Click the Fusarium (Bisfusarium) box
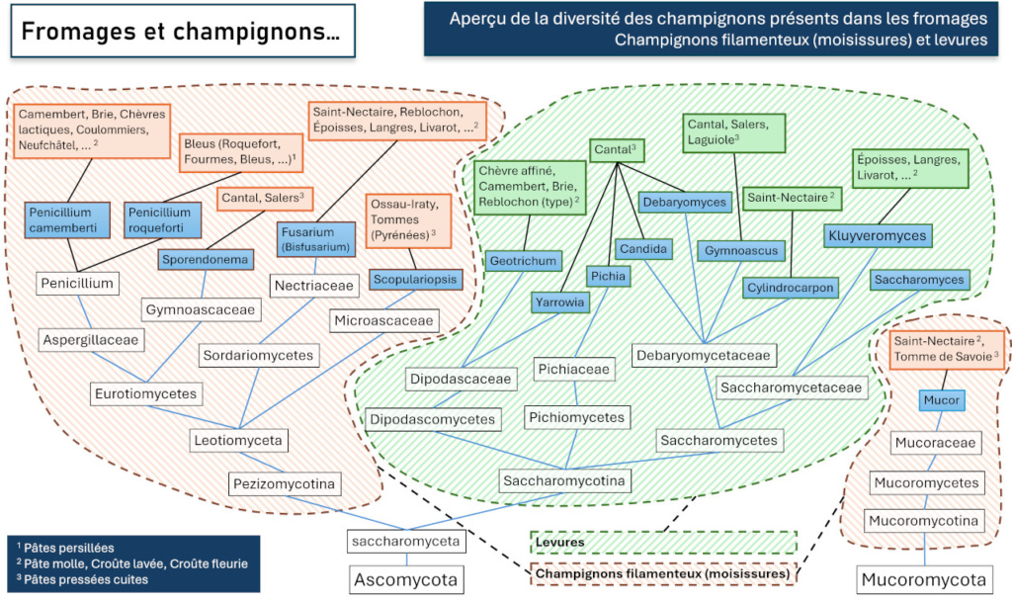(311, 238)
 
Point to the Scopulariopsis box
(416, 280)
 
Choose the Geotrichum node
(523, 261)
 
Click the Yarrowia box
(558, 301)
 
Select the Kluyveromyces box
(878, 235)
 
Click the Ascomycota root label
(406, 578)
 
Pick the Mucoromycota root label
(923, 578)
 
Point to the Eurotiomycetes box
(145, 393)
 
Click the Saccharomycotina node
(565, 481)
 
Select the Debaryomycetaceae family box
(704, 355)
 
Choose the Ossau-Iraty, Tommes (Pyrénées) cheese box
(407, 220)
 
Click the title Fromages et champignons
(180, 32)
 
